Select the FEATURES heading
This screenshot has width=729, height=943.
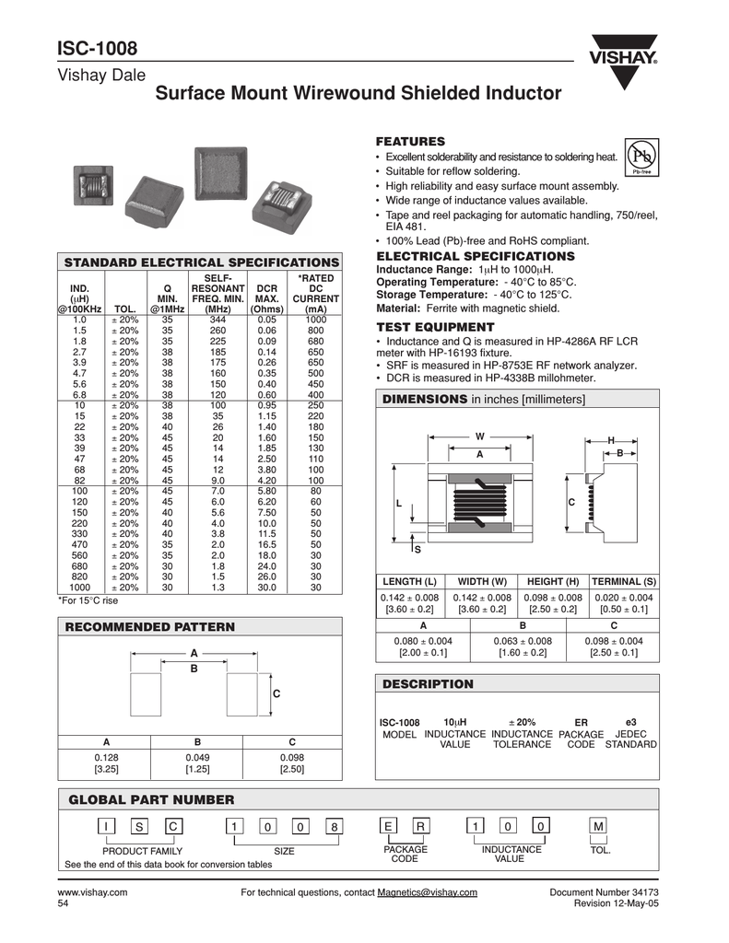410,141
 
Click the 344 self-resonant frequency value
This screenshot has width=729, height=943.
218,319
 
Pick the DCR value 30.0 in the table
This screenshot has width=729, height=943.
266,587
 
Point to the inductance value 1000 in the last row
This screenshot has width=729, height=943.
79,587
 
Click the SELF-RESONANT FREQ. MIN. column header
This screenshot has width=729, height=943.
218,293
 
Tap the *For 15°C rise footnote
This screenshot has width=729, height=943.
88,600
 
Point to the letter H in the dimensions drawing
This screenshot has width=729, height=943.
610,442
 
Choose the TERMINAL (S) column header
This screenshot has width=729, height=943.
624,581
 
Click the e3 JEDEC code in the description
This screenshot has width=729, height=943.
630,721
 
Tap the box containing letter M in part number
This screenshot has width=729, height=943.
599,827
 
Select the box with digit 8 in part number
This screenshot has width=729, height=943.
335,827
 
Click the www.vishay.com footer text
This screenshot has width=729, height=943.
93,892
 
